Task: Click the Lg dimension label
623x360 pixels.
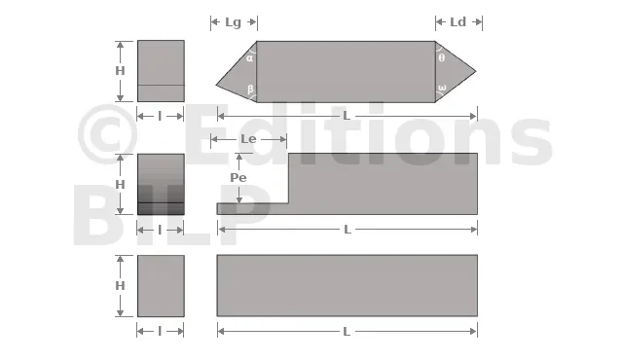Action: [234, 22]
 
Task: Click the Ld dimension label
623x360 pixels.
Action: [458, 22]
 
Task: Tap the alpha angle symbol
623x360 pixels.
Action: [249, 58]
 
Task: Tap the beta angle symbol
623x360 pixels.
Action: [250, 89]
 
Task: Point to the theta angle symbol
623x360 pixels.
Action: [441, 58]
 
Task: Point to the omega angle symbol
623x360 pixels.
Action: [442, 88]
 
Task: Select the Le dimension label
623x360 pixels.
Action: [248, 139]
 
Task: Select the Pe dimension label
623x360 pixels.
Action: [238, 177]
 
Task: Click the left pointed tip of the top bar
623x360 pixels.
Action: [216, 85]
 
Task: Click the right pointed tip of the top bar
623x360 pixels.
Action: [476, 72]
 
